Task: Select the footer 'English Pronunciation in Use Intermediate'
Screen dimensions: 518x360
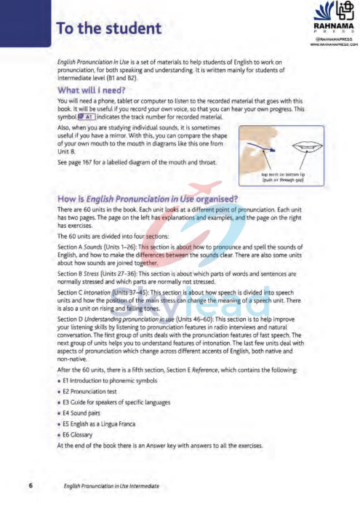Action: tap(111, 485)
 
